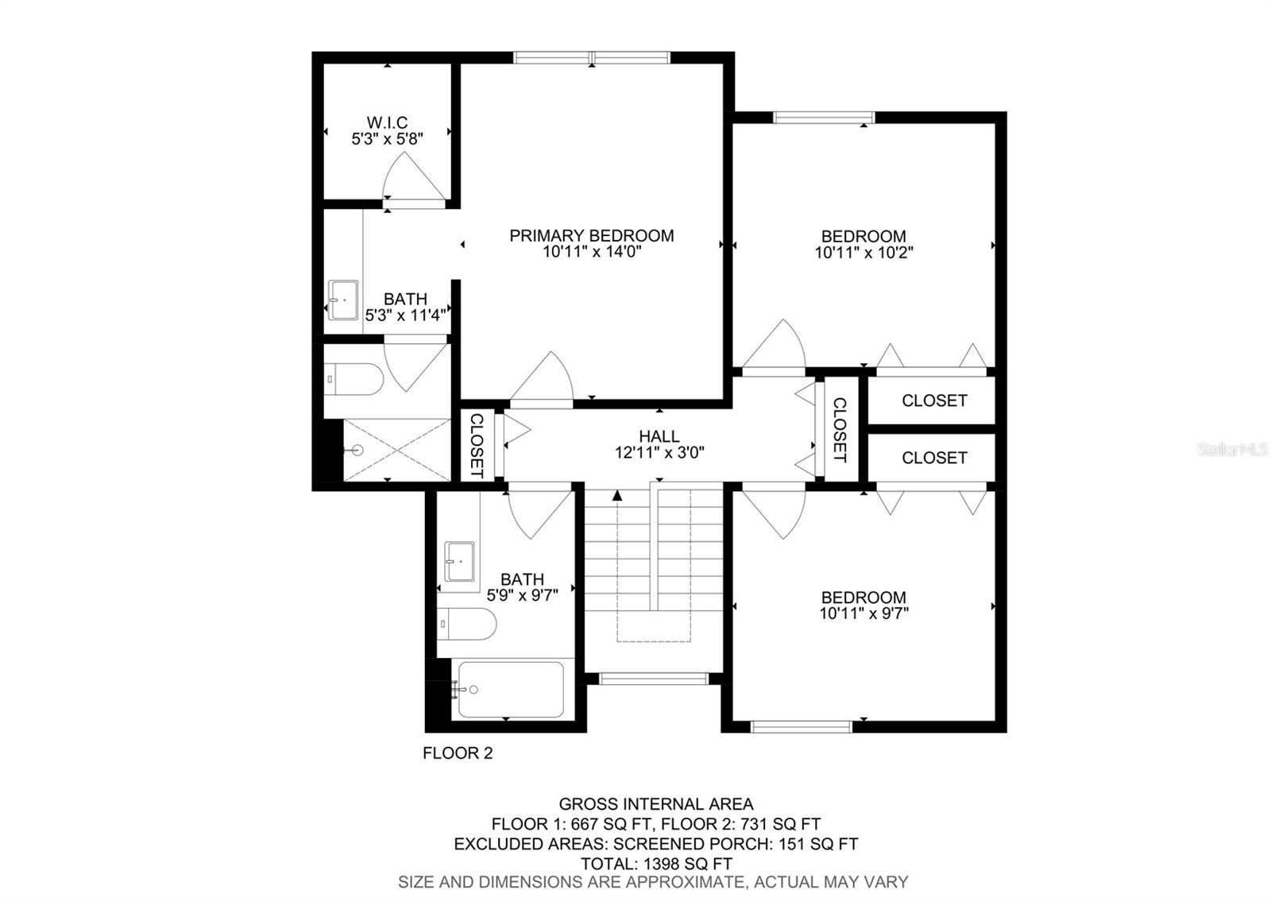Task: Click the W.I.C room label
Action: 387,122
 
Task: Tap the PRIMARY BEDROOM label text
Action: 591,235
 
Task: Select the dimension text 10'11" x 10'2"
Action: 863,253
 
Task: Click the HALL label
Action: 659,436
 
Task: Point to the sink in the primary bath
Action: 343,300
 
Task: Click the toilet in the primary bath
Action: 354,379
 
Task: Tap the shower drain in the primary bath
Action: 357,450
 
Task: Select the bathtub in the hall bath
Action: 508,689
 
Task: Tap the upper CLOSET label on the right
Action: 934,401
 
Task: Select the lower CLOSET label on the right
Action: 934,458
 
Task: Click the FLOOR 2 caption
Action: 458,753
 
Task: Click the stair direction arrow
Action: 617,495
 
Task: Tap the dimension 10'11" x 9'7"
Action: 863,614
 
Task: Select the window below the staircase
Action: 653,678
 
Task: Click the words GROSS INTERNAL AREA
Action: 655,804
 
